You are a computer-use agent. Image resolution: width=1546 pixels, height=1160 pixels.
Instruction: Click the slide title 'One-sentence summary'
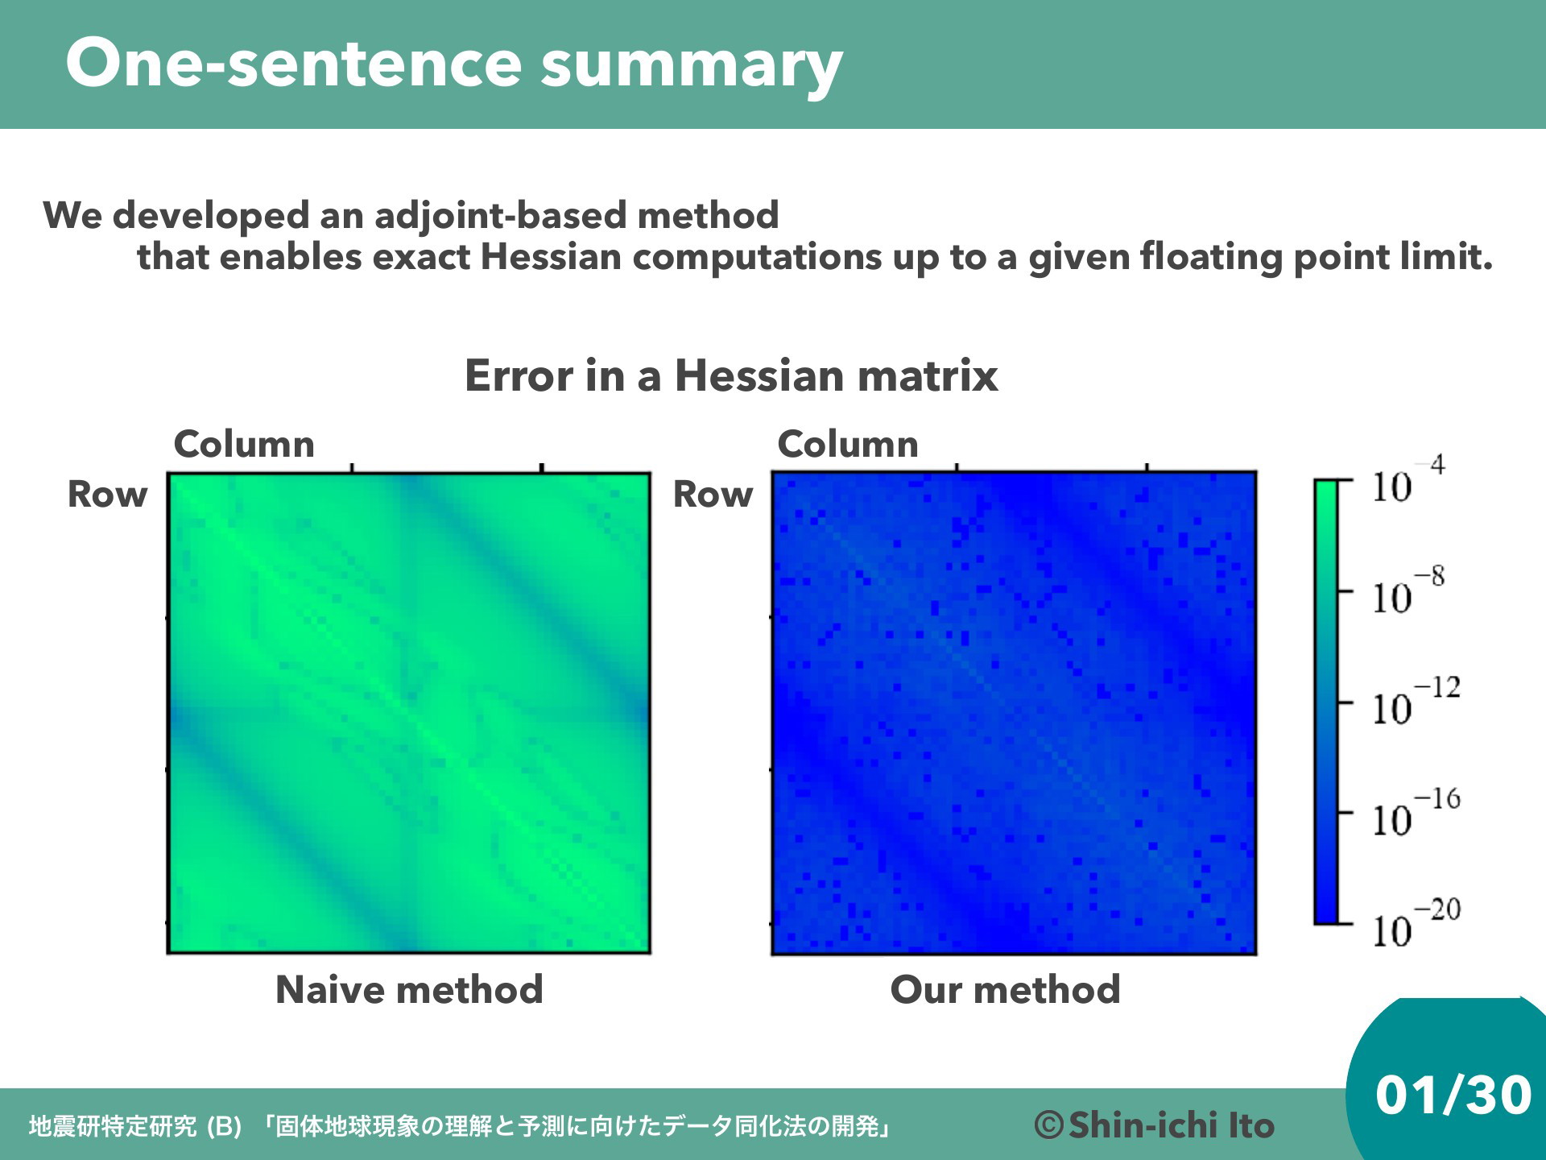click(454, 64)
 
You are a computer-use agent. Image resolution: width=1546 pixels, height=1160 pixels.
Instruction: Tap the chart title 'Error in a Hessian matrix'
click(731, 375)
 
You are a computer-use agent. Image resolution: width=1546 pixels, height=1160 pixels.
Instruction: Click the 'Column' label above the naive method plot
click(244, 444)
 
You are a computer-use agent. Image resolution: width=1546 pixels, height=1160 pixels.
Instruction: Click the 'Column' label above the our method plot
click(848, 444)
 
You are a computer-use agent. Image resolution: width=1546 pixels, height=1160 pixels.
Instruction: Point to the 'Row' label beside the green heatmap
click(107, 494)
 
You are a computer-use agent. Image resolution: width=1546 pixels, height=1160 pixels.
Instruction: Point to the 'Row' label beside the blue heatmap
click(713, 494)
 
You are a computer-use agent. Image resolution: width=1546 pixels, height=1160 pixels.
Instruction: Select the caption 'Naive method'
click(409, 989)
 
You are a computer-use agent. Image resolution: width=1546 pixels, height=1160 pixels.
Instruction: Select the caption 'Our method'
click(1005, 989)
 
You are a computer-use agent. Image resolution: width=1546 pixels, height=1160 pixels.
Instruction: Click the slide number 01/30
click(1453, 1095)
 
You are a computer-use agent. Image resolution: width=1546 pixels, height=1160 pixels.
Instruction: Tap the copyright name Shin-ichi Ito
click(1172, 1125)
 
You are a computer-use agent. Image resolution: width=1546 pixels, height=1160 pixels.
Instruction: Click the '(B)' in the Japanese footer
click(224, 1126)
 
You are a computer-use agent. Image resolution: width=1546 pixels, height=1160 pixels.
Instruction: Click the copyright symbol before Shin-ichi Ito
click(1049, 1125)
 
